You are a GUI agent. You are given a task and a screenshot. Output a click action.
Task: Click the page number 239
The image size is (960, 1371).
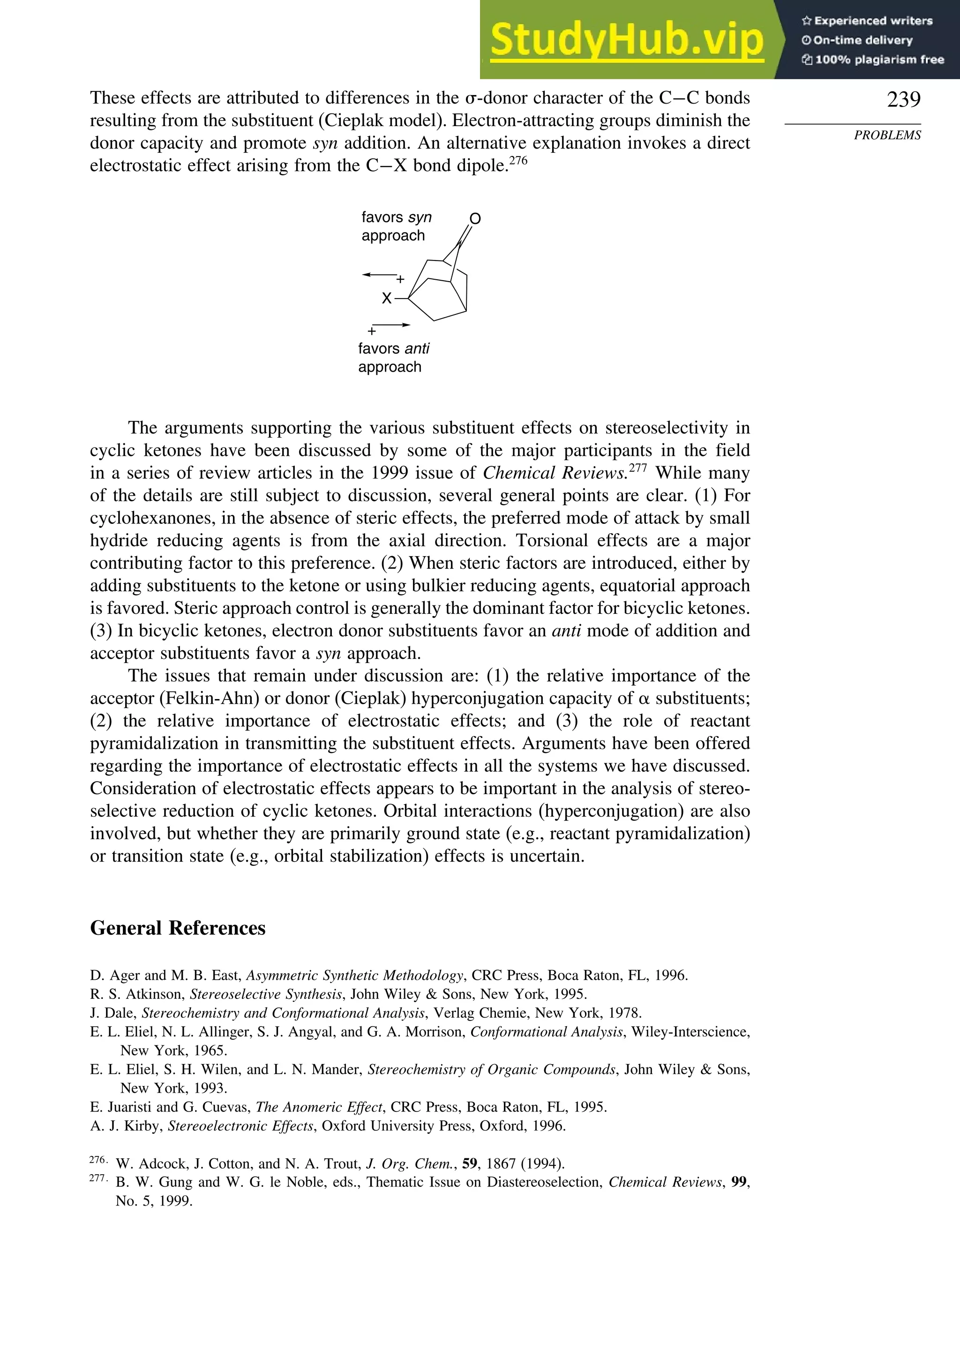tap(903, 100)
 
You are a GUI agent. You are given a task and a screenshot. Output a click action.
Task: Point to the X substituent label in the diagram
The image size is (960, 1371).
tap(387, 298)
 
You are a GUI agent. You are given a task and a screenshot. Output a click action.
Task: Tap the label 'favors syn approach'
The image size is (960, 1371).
tap(396, 226)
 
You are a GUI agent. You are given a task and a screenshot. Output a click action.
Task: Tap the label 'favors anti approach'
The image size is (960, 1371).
tap(393, 357)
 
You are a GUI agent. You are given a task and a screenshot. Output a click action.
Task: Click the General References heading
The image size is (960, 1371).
tap(178, 928)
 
